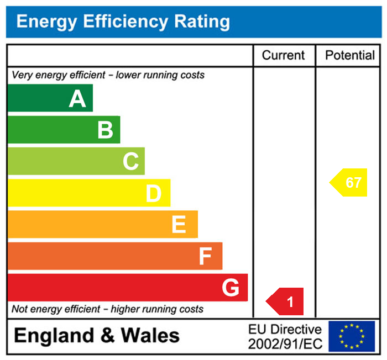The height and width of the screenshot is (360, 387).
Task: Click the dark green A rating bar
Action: [x=50, y=98]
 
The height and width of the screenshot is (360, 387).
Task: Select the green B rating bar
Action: [x=64, y=130]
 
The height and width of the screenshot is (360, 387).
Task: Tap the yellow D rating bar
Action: [x=88, y=193]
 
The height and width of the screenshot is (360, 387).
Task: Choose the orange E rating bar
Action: [x=102, y=224]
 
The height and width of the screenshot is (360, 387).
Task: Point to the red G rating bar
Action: [x=127, y=287]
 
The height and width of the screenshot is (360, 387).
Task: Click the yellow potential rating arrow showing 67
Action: [x=350, y=182]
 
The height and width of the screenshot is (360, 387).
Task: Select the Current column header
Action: [x=283, y=55]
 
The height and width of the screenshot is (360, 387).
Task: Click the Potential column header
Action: [x=349, y=55]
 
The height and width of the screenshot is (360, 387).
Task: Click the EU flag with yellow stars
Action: [x=352, y=336]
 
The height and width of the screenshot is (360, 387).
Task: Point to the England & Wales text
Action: [x=97, y=335]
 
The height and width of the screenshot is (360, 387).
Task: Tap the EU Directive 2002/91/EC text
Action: [x=285, y=336]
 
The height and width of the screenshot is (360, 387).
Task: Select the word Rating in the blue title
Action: [x=202, y=22]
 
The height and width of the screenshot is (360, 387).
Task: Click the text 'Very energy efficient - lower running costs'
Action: [x=108, y=75]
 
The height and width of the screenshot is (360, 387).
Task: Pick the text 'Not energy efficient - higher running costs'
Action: [x=108, y=309]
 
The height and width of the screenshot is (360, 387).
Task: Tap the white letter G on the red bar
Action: [x=231, y=287]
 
